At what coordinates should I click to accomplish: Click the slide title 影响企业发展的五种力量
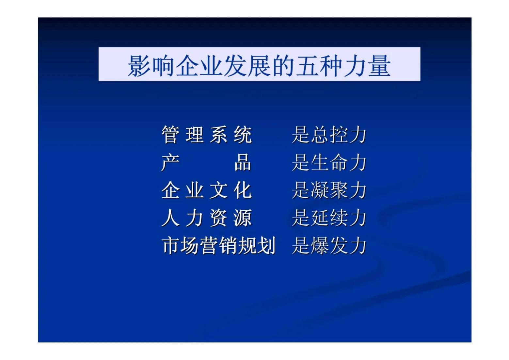[x=259, y=65]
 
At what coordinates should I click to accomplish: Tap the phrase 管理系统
[x=206, y=135]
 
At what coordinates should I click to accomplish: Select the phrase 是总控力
[x=329, y=135]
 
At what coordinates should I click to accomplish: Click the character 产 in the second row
[x=170, y=162]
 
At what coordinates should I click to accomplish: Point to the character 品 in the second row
[x=243, y=162]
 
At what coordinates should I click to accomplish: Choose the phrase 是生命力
[x=329, y=162]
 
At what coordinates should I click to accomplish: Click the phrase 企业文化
[x=206, y=190]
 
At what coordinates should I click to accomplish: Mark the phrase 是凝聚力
[x=329, y=190]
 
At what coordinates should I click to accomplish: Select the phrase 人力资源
[x=206, y=218]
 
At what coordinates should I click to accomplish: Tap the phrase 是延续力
[x=329, y=218]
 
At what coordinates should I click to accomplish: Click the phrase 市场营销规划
[x=218, y=246]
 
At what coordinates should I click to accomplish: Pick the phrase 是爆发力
[x=329, y=246]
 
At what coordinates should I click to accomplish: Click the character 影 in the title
[x=139, y=66]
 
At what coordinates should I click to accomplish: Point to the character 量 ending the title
[x=379, y=66]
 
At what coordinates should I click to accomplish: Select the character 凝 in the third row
[x=320, y=190]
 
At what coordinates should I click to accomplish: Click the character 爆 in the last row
[x=320, y=246]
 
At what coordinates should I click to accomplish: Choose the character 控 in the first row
[x=339, y=135]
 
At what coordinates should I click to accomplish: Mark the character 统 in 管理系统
[x=243, y=135]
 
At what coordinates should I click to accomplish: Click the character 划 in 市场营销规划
[x=267, y=246]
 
